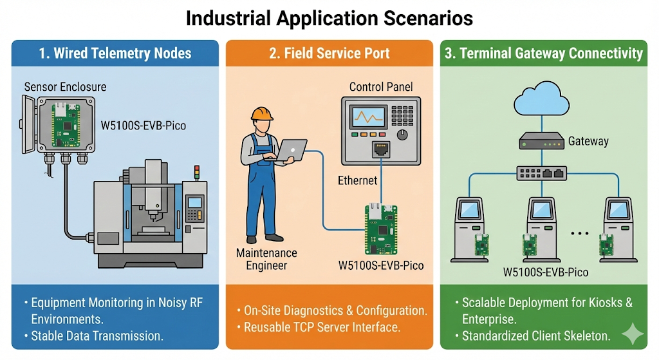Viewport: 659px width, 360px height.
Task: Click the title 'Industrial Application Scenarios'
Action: (329, 18)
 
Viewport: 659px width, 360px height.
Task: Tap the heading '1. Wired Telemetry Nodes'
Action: (115, 53)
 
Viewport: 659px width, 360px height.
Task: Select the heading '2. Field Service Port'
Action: (329, 53)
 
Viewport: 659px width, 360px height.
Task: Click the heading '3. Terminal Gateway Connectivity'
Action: (544, 53)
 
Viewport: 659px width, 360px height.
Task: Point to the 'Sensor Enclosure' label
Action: (65, 86)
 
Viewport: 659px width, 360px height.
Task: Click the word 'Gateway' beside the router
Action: (588, 141)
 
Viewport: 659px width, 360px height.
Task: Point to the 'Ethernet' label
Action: (357, 181)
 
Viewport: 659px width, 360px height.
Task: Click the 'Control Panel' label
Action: (381, 86)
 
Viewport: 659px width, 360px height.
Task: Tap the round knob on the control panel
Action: (403, 134)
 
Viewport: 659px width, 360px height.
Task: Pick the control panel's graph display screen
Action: (367, 117)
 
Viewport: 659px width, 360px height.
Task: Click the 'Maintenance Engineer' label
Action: (266, 259)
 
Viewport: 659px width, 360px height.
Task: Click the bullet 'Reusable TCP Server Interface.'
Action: (322, 327)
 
